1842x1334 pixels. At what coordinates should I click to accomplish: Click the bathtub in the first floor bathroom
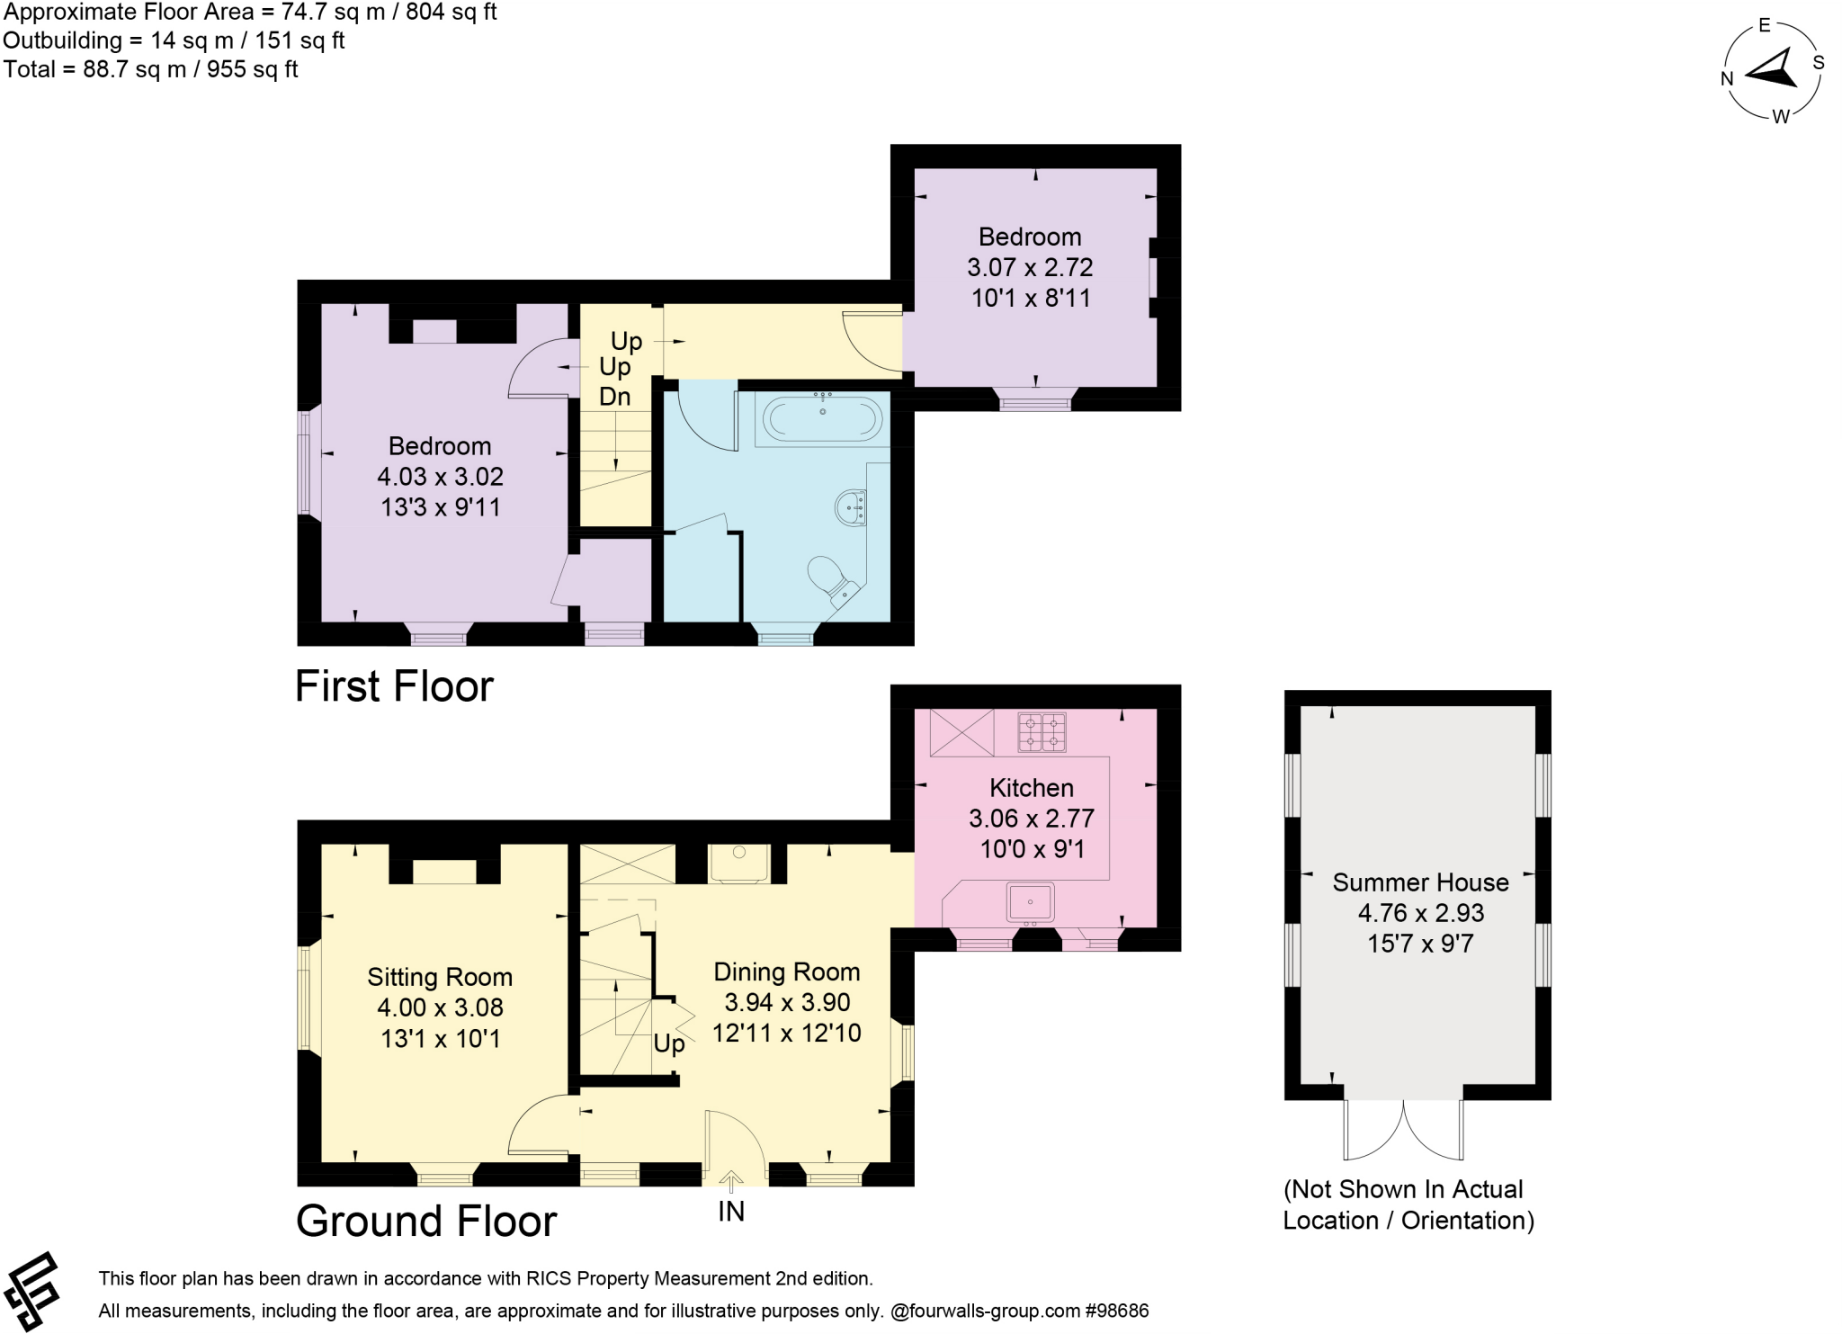pos(822,419)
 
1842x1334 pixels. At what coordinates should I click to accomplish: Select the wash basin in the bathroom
pos(851,507)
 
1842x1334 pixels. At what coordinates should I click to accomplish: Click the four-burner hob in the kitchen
pos(1042,732)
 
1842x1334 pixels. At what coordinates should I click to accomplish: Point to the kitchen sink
pos(1030,902)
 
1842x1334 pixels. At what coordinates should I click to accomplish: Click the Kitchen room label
pos(1031,788)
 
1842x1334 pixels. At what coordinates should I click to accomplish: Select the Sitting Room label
pos(440,977)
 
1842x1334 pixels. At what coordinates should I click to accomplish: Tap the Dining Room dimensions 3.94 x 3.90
pos(787,1002)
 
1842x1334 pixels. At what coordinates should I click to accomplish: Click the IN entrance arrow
pos(731,1181)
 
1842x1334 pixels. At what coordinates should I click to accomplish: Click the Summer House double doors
pos(1403,1132)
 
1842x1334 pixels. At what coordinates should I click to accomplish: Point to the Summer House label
pos(1420,882)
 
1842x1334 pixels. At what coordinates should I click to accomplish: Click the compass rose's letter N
pos(1727,78)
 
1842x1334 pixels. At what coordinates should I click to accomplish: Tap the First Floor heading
pos(394,686)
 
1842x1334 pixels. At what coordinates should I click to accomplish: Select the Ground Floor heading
pos(426,1221)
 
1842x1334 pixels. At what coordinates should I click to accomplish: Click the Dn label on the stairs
pos(614,397)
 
